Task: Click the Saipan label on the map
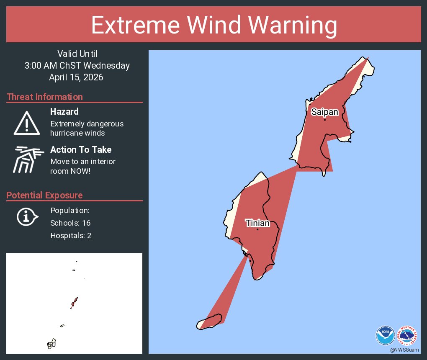coord(324,112)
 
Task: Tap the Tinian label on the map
coord(257,223)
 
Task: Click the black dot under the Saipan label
coord(324,120)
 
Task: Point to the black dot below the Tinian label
coord(257,229)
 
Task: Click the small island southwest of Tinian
coord(209,322)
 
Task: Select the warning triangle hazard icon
coord(27,123)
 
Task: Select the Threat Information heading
coord(45,97)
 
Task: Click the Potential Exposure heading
coord(44,195)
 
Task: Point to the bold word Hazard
coord(64,112)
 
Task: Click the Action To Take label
coord(81,150)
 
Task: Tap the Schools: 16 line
coord(70,223)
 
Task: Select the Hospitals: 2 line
coord(71,236)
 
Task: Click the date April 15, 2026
coord(76,77)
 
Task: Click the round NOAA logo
coord(385,335)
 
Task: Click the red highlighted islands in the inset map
coord(75,302)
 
